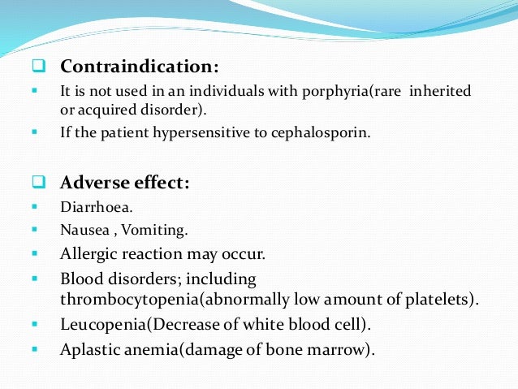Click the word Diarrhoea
point(93,206)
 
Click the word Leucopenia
point(105,325)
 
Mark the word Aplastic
point(90,351)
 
